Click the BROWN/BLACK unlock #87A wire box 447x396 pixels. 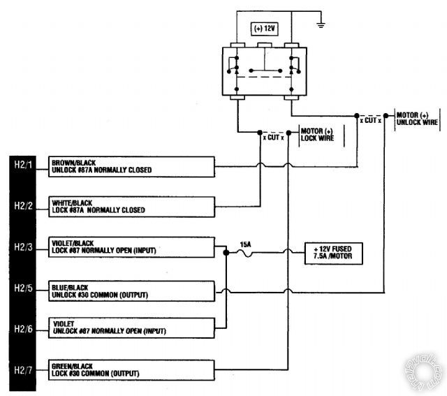pos(131,166)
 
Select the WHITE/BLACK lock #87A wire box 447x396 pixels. pos(131,206)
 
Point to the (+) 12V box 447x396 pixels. pos(265,29)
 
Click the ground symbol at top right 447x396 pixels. pos(321,25)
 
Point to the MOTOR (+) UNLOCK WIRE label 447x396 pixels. pos(418,118)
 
